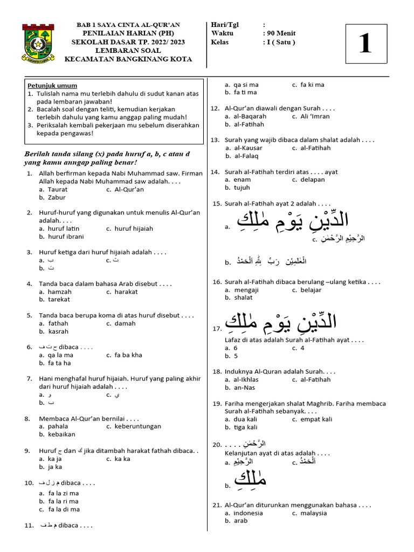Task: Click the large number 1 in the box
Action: point(365,43)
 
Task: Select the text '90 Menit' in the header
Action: point(282,33)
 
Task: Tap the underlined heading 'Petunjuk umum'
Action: point(52,86)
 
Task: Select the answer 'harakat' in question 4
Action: point(126,292)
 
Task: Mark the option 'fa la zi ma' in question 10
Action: point(64,493)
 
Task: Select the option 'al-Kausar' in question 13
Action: point(249,148)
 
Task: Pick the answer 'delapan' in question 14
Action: point(313,180)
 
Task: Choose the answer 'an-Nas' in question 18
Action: point(244,388)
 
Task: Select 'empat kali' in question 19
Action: point(316,419)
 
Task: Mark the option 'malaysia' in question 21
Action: point(314,513)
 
